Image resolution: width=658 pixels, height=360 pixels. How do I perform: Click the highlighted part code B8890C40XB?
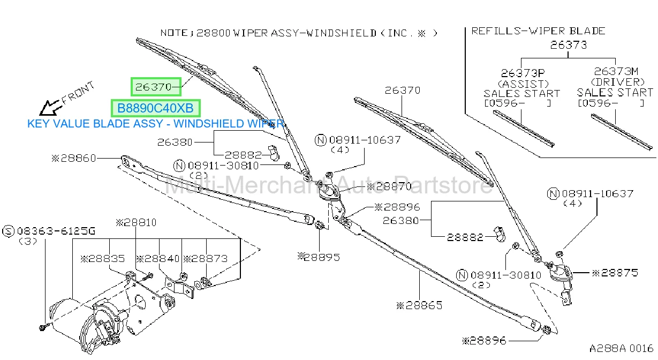click(x=155, y=108)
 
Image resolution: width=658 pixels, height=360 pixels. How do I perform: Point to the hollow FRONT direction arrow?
click(x=50, y=108)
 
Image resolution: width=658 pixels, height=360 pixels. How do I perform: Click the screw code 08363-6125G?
click(x=56, y=231)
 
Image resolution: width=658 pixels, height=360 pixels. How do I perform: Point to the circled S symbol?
click(x=8, y=231)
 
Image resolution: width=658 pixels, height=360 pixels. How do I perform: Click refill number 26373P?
click(x=523, y=72)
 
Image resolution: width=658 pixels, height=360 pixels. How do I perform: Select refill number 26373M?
click(x=616, y=71)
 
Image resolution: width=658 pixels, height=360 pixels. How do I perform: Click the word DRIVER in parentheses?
click(x=618, y=82)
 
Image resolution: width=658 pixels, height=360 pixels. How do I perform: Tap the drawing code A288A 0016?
click(x=621, y=349)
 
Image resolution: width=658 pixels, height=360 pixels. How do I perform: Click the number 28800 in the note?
click(x=213, y=33)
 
